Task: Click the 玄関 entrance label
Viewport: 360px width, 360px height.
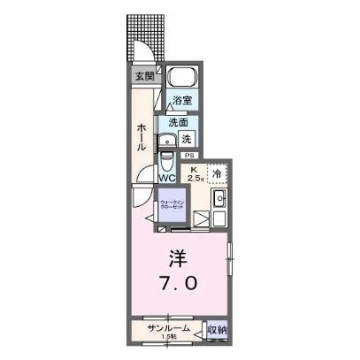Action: pyautogui.click(x=143, y=76)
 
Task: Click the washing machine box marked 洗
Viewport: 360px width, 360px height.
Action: pyautogui.click(x=187, y=139)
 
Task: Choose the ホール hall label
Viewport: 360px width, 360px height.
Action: pyautogui.click(x=142, y=138)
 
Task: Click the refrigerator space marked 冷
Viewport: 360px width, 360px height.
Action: pyautogui.click(x=217, y=173)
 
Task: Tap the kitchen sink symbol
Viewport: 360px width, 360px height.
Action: pyautogui.click(x=220, y=198)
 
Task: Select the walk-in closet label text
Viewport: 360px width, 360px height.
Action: pyautogui.click(x=172, y=208)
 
